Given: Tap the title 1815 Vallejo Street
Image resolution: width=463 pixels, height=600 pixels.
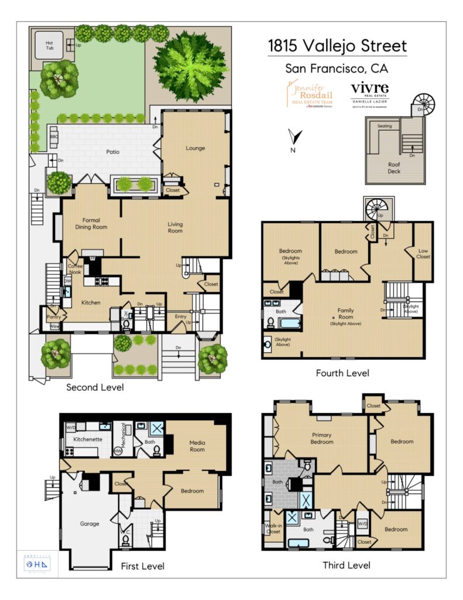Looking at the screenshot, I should point(337,46).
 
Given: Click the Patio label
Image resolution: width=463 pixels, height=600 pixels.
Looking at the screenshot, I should point(113,152).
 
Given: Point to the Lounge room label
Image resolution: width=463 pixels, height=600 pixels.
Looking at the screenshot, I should point(195,148).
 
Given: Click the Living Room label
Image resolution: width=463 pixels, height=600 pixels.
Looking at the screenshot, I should point(175,227).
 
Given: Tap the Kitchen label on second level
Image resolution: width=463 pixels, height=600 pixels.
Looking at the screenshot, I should point(91,302).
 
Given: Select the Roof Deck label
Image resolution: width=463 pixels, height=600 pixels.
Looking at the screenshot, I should point(393,168).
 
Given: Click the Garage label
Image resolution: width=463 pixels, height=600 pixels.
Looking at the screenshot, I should point(90,523).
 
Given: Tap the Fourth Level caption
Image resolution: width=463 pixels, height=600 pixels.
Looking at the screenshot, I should point(342,373).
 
